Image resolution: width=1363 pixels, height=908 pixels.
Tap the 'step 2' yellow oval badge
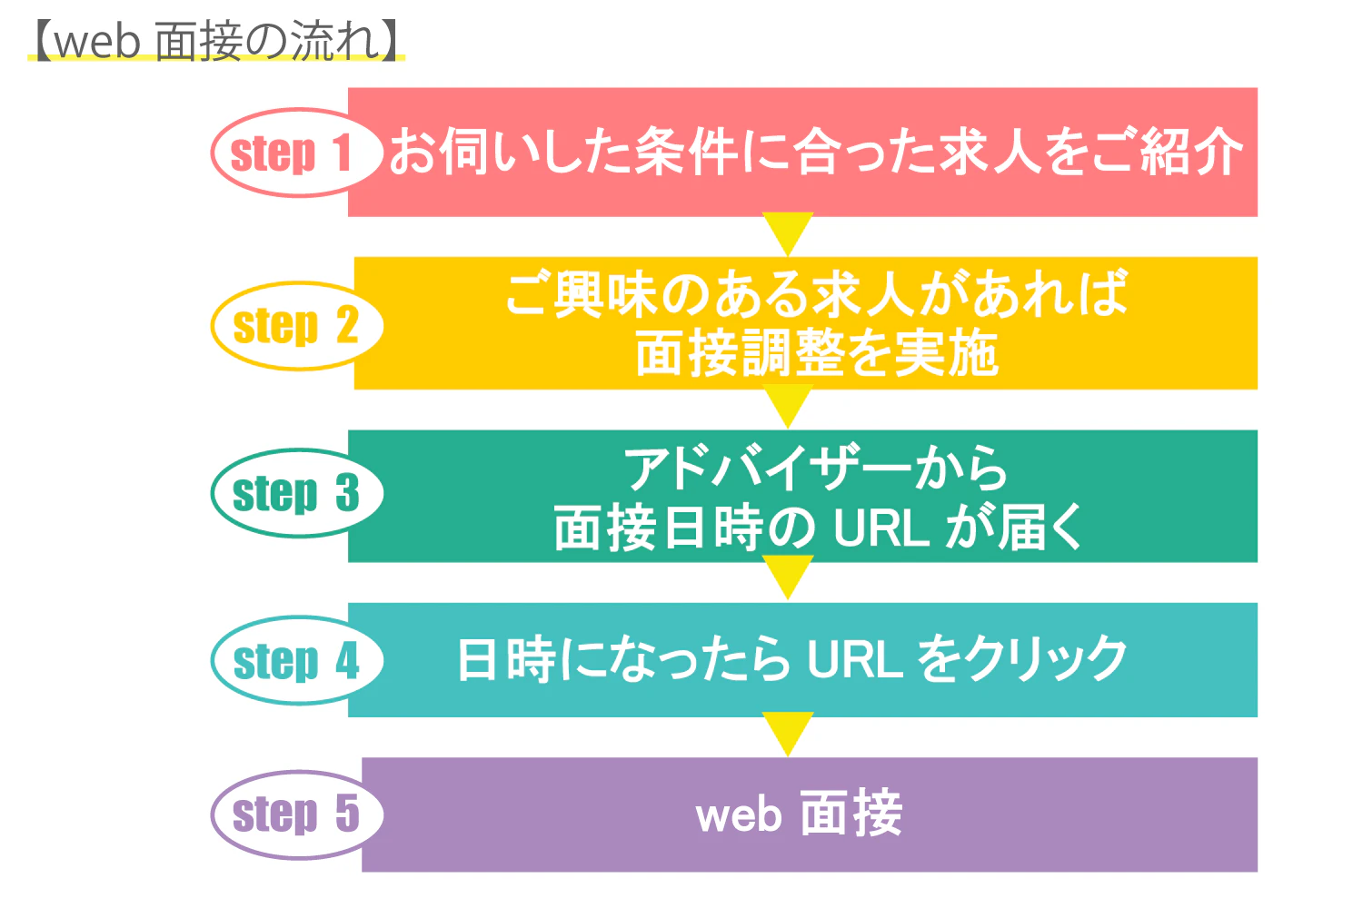coord(296,326)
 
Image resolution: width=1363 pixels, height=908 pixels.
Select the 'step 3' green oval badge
coord(296,493)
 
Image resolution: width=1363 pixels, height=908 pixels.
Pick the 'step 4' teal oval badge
coord(296,660)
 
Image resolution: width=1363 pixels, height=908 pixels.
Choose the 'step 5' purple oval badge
coord(296,814)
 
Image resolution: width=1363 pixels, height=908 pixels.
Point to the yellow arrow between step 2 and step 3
coord(788,405)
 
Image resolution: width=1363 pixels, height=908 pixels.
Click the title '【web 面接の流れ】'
coord(216,42)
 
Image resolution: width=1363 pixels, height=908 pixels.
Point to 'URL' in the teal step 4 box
coord(854,660)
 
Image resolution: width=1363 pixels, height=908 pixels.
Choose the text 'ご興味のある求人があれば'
coord(816,294)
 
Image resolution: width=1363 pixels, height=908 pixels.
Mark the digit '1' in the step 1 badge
coord(343,153)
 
